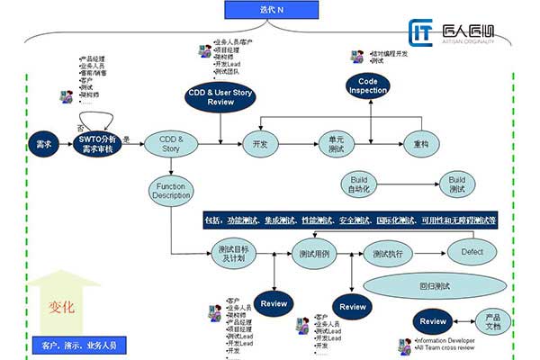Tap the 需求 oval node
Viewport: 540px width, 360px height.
(x=42, y=144)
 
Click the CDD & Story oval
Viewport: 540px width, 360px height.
(x=170, y=144)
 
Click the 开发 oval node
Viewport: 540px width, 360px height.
(x=262, y=144)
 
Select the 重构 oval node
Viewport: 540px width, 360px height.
(x=420, y=144)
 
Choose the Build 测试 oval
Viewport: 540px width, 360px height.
(x=457, y=185)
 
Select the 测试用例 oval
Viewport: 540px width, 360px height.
(x=312, y=255)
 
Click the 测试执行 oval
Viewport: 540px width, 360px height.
(x=388, y=255)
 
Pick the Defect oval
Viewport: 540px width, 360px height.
(x=472, y=252)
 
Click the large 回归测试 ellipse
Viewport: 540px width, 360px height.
(x=434, y=286)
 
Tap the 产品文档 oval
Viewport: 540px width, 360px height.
(x=492, y=322)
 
